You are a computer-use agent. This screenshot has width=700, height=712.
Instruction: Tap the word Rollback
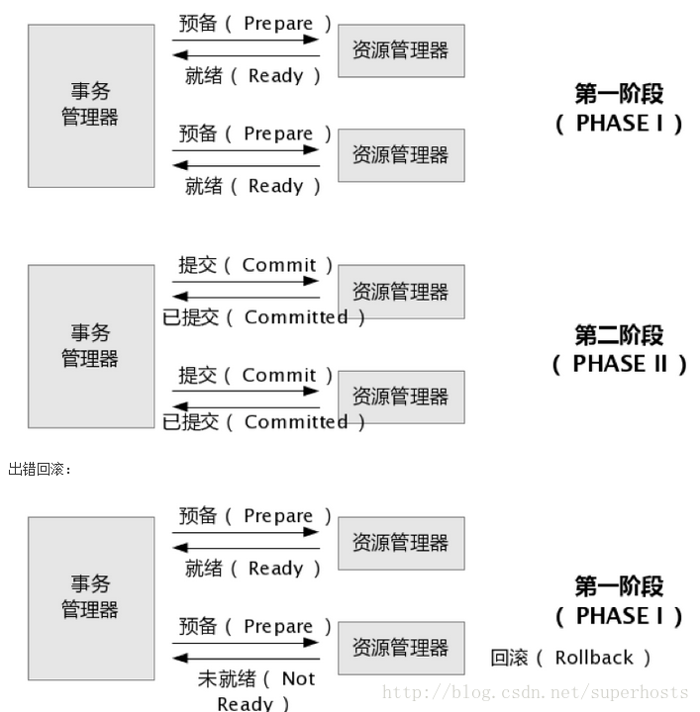594,658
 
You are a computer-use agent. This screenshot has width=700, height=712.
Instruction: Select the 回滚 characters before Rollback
509,658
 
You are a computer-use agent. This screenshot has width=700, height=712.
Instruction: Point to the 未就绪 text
227,678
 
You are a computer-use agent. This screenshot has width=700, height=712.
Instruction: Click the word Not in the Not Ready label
298,678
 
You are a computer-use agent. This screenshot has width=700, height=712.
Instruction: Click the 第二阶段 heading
619,335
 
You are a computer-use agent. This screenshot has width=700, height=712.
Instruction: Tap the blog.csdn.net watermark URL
495,692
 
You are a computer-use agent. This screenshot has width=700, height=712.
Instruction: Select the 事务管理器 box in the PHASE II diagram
90,345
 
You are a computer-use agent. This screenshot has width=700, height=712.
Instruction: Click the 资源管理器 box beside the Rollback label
401,648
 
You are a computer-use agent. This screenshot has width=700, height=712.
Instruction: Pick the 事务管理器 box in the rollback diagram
90,596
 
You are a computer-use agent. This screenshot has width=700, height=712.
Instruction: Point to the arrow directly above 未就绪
246,659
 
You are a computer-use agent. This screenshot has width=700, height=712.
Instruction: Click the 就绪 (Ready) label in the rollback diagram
253,569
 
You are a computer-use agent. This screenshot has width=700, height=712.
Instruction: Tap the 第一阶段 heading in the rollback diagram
619,586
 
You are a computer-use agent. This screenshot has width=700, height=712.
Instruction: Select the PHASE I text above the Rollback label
619,616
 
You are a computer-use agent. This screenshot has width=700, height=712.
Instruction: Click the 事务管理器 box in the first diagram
90,105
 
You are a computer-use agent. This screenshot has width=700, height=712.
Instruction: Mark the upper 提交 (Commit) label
255,265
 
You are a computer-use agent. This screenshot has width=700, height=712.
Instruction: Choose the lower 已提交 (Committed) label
264,422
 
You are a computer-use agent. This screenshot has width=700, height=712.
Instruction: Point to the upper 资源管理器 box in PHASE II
401,292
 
